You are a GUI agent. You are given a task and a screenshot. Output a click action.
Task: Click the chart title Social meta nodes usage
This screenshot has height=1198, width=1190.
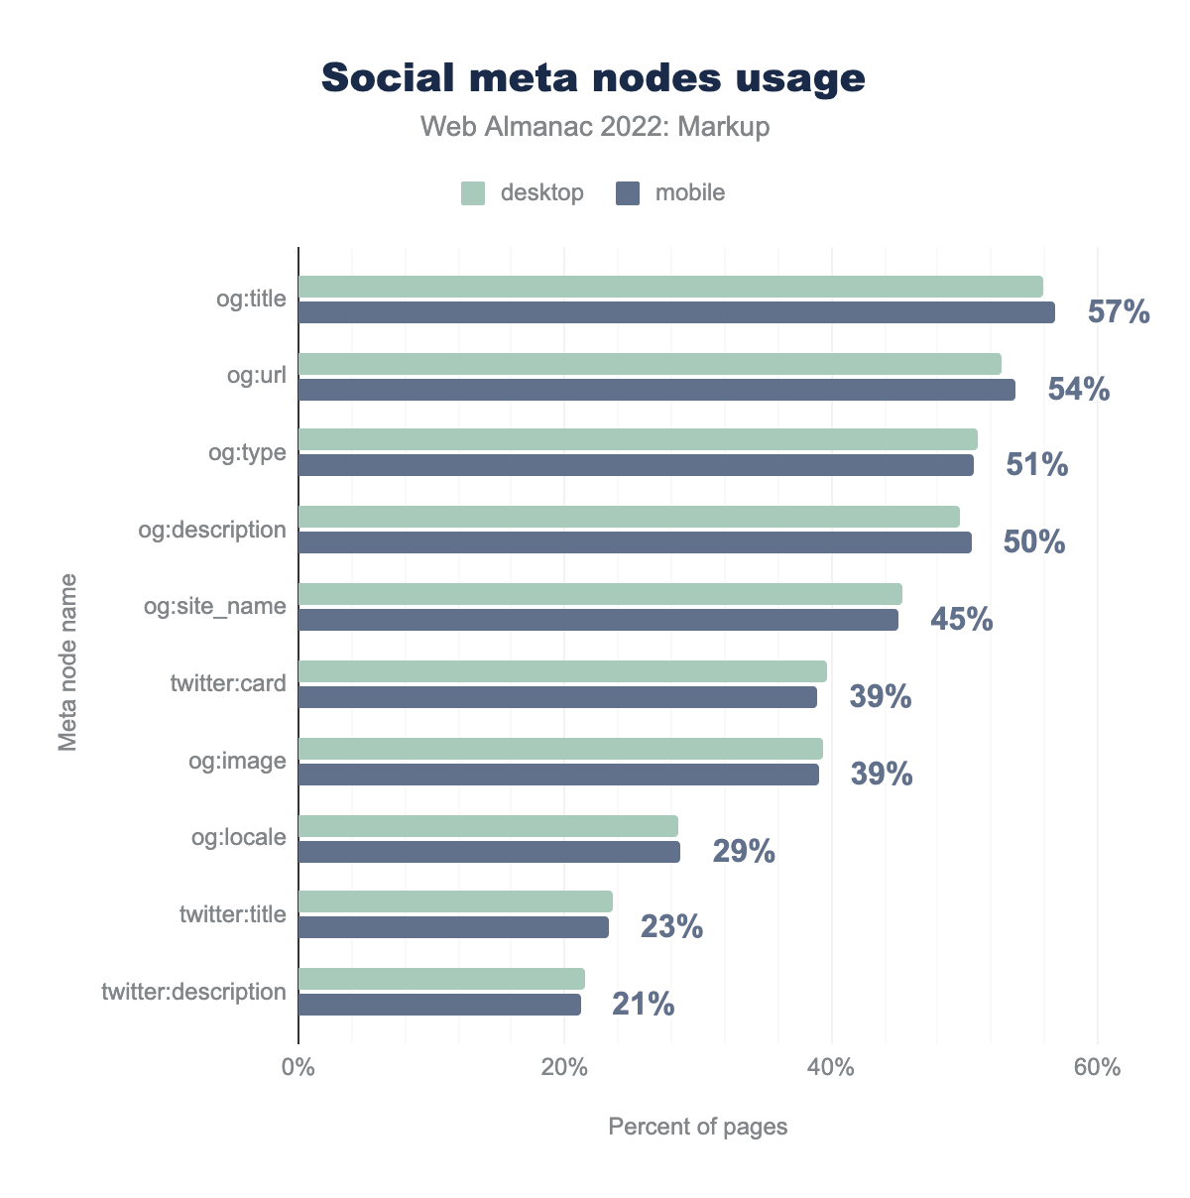click(x=593, y=78)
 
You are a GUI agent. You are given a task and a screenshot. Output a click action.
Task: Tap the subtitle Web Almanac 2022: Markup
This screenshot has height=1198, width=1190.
click(x=594, y=127)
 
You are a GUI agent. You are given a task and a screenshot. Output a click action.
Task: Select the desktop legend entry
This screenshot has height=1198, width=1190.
click(x=523, y=192)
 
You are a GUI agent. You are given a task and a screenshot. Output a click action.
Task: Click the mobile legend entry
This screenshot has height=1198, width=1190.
click(x=671, y=192)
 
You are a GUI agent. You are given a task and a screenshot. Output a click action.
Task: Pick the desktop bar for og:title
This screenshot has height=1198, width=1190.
click(x=670, y=287)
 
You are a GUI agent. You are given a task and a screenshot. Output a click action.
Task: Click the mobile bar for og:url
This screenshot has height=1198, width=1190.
click(x=656, y=390)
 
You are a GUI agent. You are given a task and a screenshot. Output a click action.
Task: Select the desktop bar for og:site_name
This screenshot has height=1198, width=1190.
click(x=600, y=594)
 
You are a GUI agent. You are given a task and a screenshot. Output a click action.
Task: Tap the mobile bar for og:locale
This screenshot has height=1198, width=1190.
click(x=489, y=852)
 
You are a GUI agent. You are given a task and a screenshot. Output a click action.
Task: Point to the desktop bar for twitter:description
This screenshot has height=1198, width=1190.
click(x=441, y=979)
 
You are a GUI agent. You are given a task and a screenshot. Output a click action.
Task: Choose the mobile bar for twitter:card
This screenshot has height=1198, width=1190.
click(x=557, y=697)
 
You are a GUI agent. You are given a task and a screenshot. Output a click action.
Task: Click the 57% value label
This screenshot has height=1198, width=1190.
click(x=1119, y=313)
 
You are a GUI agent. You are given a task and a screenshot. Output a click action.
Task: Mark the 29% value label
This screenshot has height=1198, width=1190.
click(x=744, y=852)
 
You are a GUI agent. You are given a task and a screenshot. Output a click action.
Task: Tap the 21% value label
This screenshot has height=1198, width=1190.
click(x=644, y=1006)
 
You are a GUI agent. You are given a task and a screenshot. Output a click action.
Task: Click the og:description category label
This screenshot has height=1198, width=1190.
click(x=212, y=530)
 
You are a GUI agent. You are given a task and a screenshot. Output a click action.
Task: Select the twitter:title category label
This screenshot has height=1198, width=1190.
click(x=233, y=914)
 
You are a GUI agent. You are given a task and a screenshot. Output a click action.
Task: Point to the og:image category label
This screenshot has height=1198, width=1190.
click(x=238, y=761)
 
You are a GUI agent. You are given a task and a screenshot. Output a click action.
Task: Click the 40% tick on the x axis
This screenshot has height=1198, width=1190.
click(x=831, y=1068)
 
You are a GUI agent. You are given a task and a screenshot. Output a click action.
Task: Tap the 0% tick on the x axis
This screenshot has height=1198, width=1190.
click(x=297, y=1068)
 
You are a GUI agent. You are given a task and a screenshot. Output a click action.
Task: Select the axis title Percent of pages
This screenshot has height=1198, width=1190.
click(x=697, y=1127)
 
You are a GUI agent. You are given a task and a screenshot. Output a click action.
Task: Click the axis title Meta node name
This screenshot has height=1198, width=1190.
click(x=67, y=660)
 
